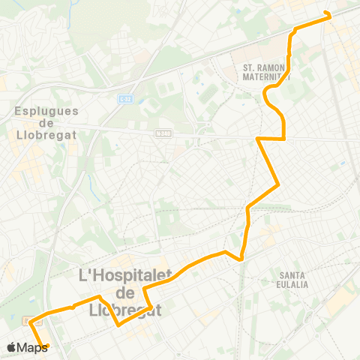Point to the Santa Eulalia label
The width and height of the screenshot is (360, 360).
292,279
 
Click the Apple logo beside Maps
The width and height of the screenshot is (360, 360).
11,347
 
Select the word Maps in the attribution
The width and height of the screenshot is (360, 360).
33,347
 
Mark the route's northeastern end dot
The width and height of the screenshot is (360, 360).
327,13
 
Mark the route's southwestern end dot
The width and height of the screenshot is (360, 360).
47,346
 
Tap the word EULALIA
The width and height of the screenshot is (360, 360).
292,284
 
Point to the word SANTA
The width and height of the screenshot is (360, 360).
292,274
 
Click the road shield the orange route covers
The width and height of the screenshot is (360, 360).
31,321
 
